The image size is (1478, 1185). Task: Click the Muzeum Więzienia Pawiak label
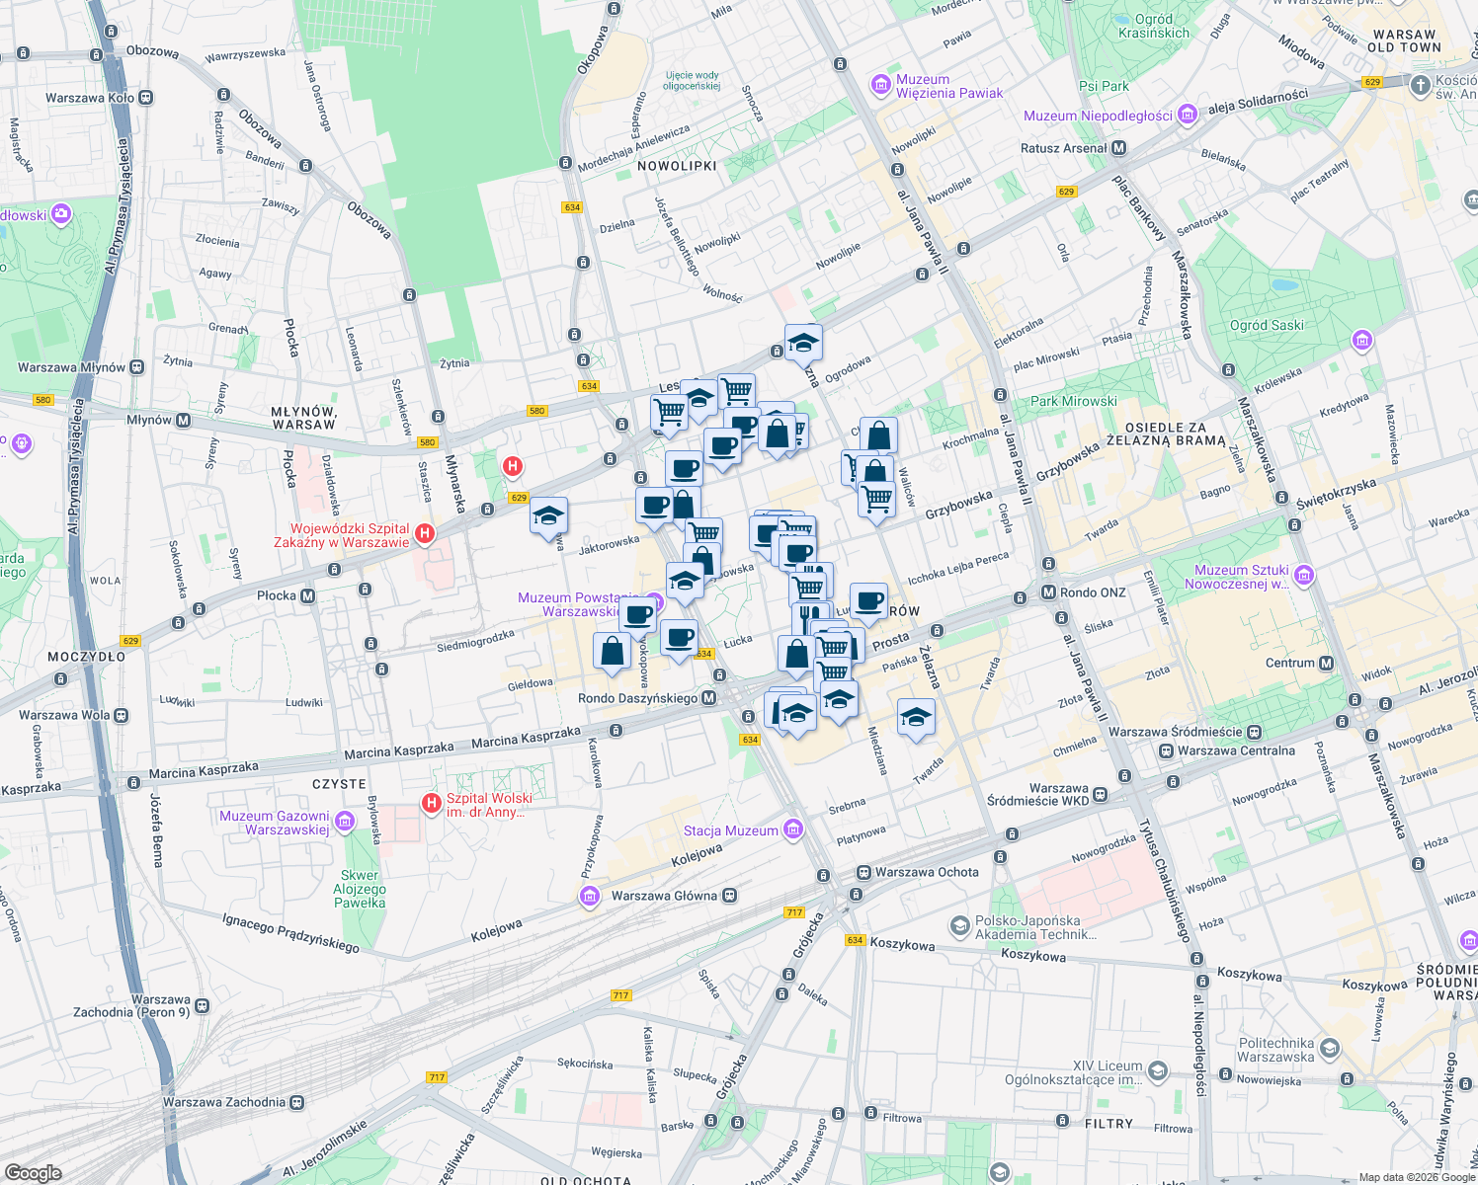click(948, 86)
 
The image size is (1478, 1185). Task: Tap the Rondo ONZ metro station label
click(1092, 592)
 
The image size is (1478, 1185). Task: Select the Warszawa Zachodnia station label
click(224, 1102)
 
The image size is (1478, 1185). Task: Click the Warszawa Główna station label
click(664, 896)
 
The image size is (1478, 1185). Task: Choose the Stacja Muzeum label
click(731, 830)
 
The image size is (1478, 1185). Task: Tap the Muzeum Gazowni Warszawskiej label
click(275, 823)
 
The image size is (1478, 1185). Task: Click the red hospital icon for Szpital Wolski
click(432, 804)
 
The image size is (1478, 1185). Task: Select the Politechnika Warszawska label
click(1275, 1050)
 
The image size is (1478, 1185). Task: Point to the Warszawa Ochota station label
click(927, 872)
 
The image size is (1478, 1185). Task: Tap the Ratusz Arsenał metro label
click(1063, 148)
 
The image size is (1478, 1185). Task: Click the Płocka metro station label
click(277, 595)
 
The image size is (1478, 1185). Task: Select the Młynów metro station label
click(150, 420)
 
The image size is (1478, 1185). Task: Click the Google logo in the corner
click(33, 1172)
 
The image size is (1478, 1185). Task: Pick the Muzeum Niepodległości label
click(1098, 116)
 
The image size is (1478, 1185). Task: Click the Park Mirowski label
click(1073, 401)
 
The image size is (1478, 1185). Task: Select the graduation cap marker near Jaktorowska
click(548, 515)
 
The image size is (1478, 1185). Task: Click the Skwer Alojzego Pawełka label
click(360, 889)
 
